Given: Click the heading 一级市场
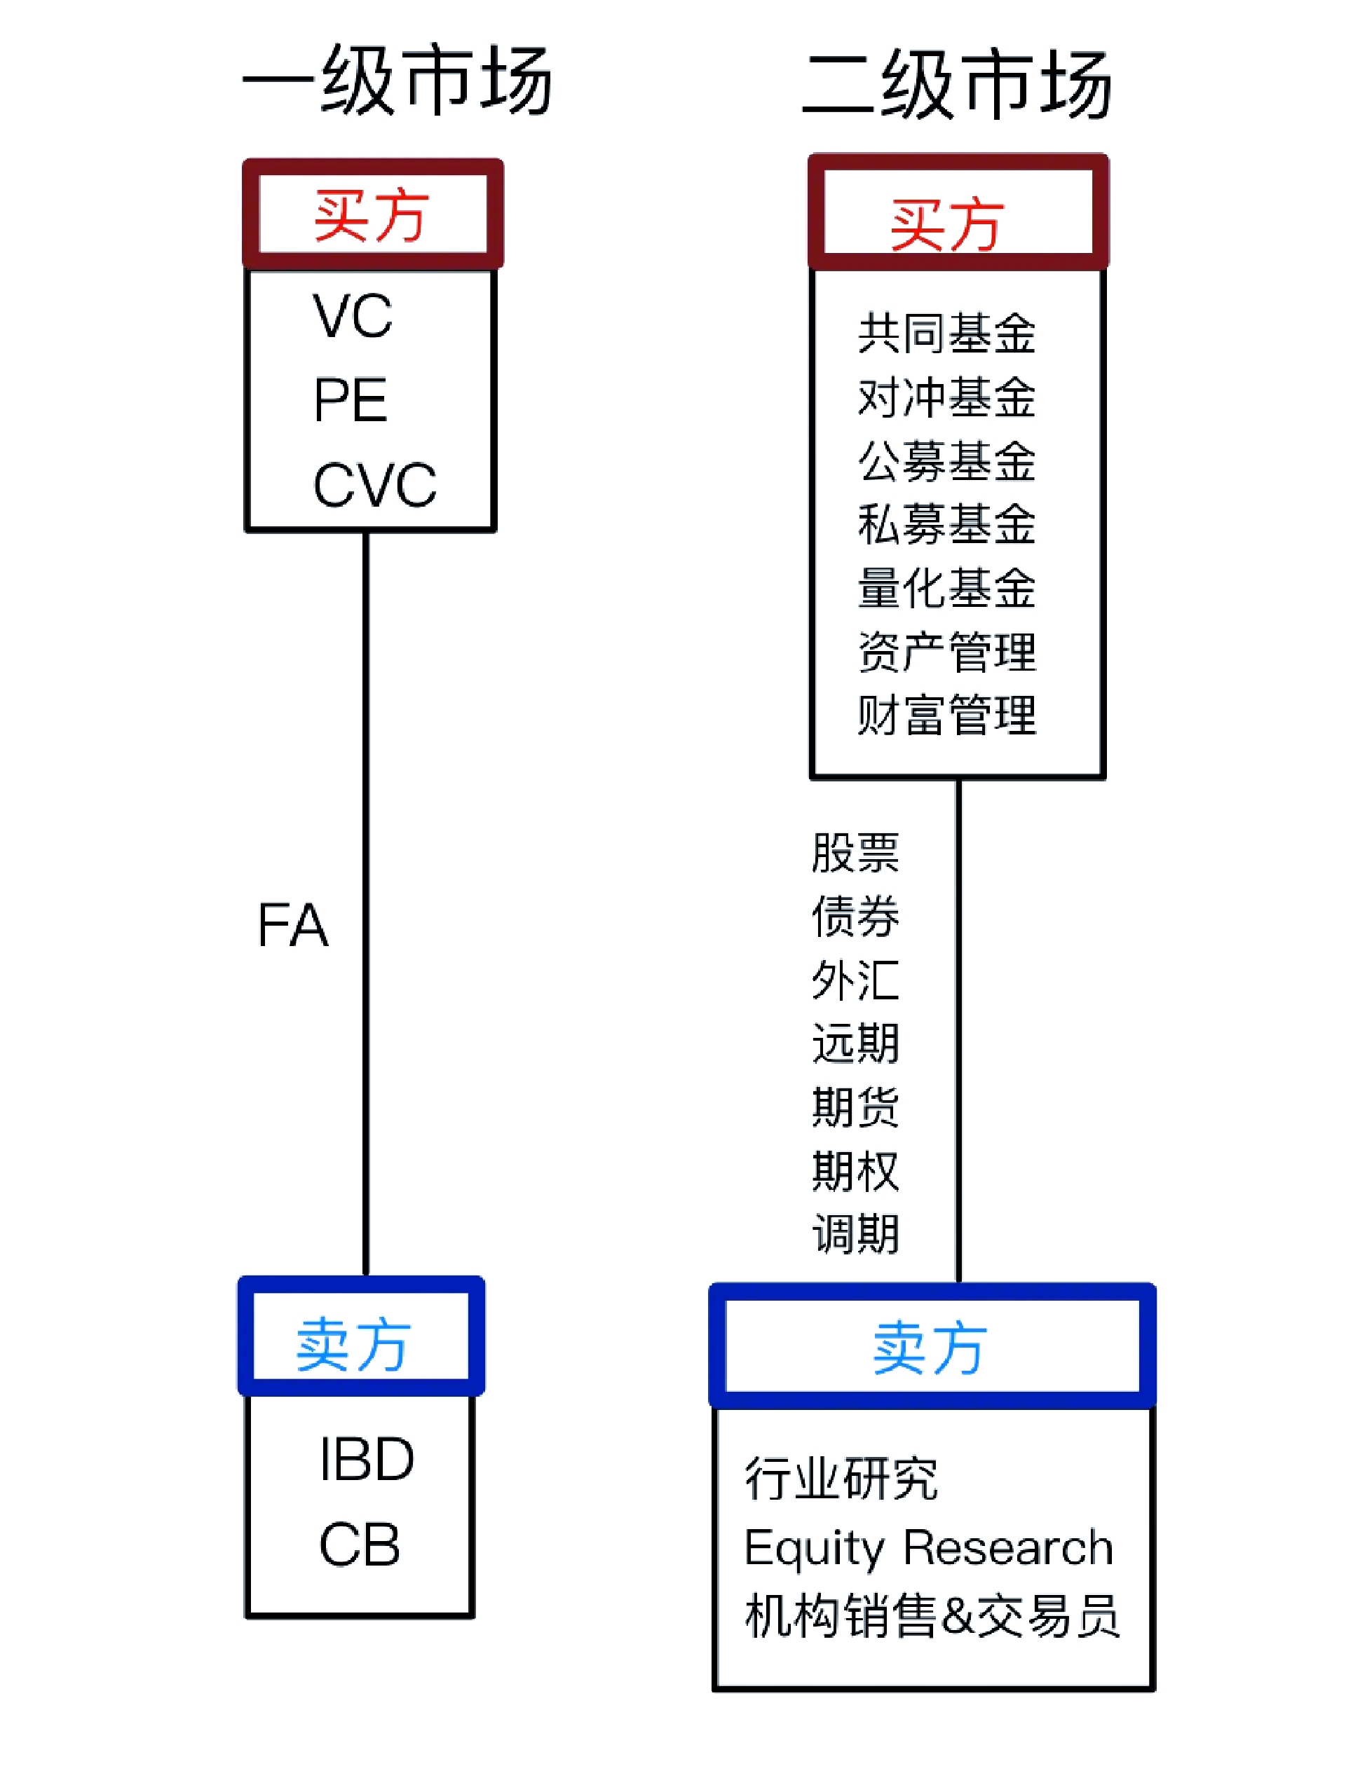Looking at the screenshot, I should pos(397,79).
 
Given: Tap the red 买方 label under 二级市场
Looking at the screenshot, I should pos(946,224).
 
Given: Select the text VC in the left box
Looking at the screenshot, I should pos(353,316).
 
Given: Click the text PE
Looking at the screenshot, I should pos(351,400).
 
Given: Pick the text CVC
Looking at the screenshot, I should pos(374,485).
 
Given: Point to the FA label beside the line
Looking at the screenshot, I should pos(292,926).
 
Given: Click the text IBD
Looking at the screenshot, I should pos(367,1459).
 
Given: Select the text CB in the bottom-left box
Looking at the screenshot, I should pos(358,1545).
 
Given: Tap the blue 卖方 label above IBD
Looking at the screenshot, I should pos(353,1344).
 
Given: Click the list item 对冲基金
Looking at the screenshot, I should pos(946,397).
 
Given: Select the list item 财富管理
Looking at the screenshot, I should pos(946,715).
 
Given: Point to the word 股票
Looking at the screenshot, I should pos(855,853).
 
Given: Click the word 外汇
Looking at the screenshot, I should pos(855,980).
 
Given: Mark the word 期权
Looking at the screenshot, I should pos(855,1170).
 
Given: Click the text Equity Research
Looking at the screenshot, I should pos(927,1548).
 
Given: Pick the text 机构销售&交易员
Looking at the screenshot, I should pos(931,1616).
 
